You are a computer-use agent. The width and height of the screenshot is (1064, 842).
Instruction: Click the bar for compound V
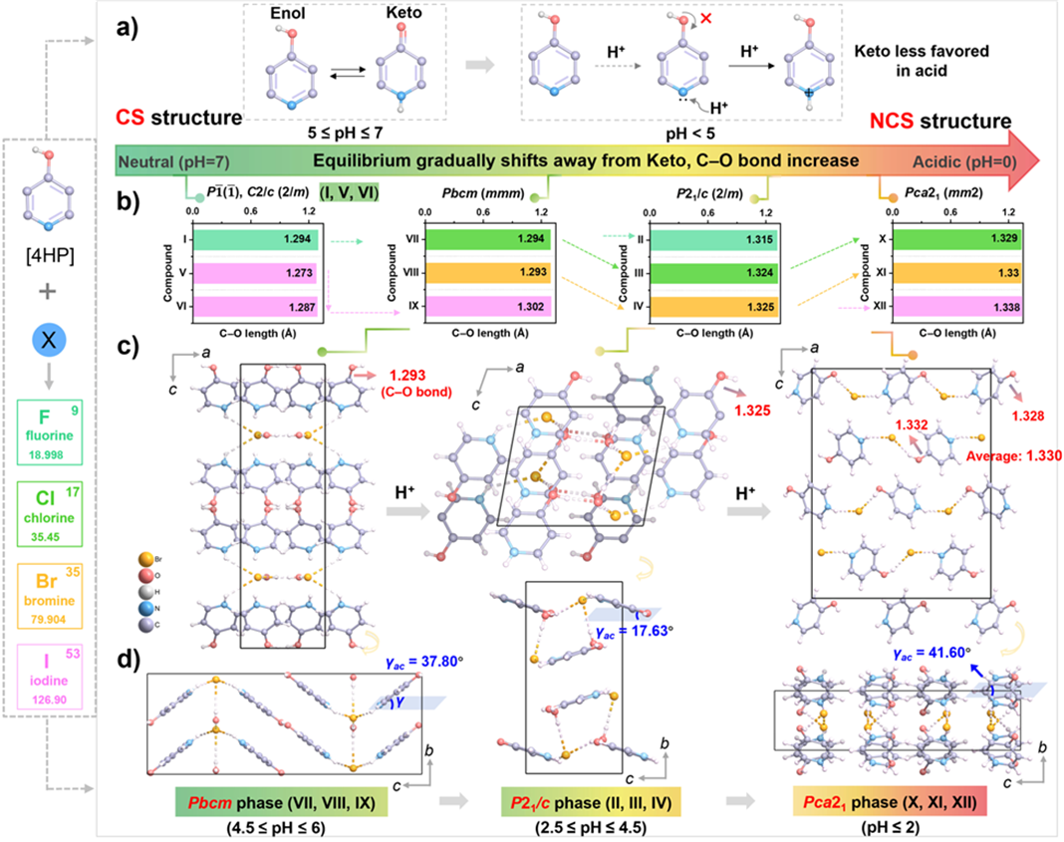click(256, 275)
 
